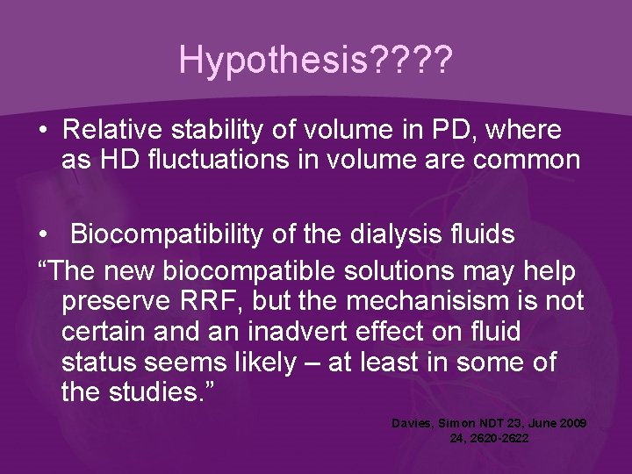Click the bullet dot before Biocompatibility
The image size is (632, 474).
(x=43, y=236)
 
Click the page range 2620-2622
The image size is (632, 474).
(x=500, y=437)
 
